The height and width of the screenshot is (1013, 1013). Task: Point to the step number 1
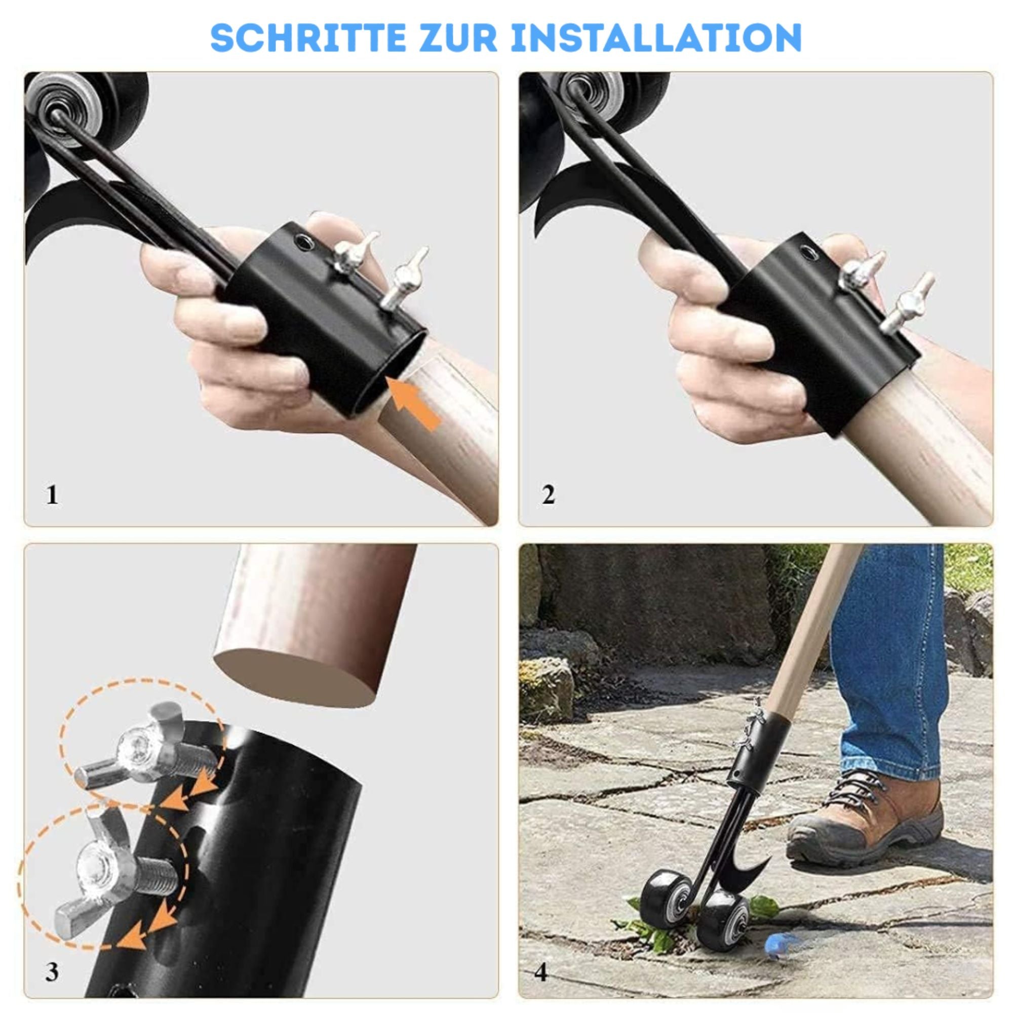(52, 494)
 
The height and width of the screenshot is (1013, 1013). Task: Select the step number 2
(549, 494)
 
